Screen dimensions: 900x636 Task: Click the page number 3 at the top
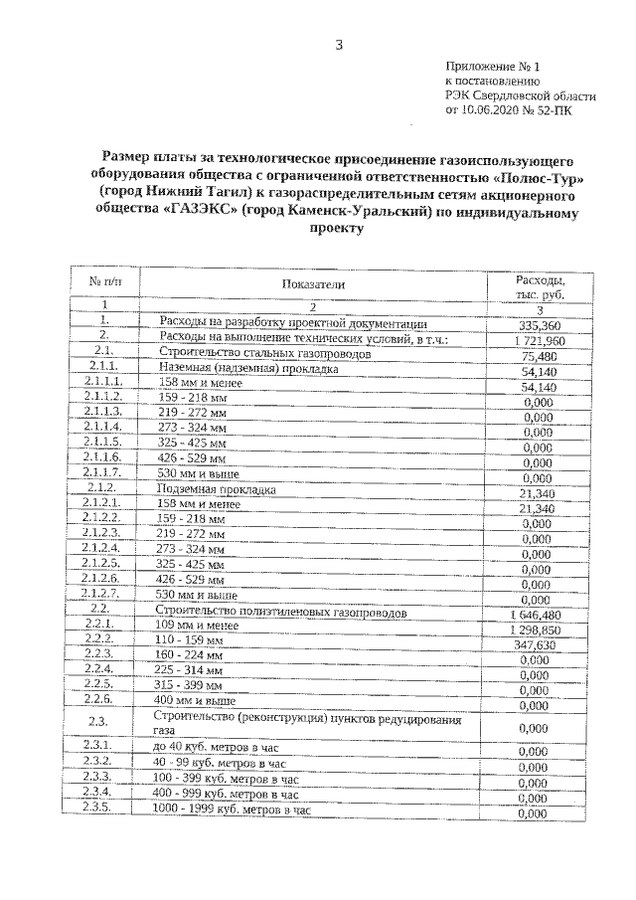tap(339, 44)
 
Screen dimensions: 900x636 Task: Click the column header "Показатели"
tap(313, 284)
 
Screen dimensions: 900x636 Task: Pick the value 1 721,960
tap(536, 340)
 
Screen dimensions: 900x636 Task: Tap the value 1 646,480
tap(536, 614)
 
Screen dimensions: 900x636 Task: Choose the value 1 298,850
tap(536, 629)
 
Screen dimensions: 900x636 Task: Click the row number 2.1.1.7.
tap(103, 472)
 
